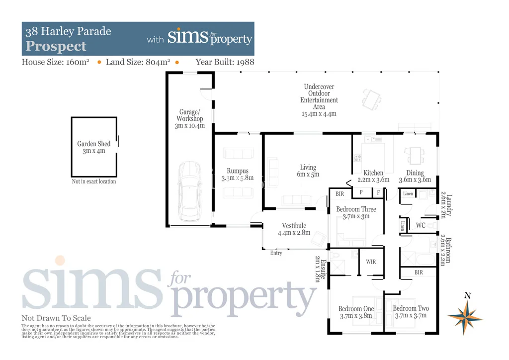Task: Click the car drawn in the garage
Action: pyautogui.click(x=189, y=190)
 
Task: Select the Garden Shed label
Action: pyautogui.click(x=94, y=144)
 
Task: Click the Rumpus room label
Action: pyautogui.click(x=237, y=171)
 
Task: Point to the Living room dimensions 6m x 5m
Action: pyautogui.click(x=308, y=175)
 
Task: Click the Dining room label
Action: pyautogui.click(x=415, y=173)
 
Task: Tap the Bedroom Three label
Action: pyautogui.click(x=356, y=209)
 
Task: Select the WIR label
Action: pyautogui.click(x=371, y=262)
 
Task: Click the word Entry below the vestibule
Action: pyautogui.click(x=276, y=253)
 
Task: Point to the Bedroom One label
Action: pyautogui.click(x=356, y=309)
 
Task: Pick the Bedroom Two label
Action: pyautogui.click(x=411, y=309)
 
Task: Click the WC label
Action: pyautogui.click(x=421, y=225)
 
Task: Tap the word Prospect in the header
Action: pyautogui.click(x=56, y=47)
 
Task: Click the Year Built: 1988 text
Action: pyautogui.click(x=225, y=62)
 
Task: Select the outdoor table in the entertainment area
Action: pyautogui.click(x=371, y=99)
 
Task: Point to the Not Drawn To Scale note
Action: pyautogui.click(x=56, y=318)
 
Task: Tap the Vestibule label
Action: pyautogui.click(x=294, y=226)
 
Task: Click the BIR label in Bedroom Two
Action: pyautogui.click(x=419, y=272)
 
